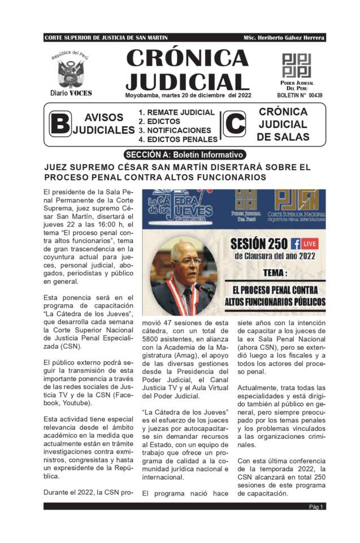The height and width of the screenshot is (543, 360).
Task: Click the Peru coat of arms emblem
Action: (71, 72)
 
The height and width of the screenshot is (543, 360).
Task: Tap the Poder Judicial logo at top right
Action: (296, 66)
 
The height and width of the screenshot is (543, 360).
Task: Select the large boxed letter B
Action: (59, 124)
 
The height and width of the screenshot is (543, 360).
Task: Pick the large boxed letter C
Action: (235, 124)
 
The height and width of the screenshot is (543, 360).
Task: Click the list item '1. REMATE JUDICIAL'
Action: (176, 113)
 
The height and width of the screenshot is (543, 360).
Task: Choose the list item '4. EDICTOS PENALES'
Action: (178, 139)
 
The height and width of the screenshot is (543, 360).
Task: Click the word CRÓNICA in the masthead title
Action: (187, 58)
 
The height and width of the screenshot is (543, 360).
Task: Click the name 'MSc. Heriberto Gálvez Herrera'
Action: (284, 37)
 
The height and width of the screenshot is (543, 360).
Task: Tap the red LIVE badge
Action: (310, 244)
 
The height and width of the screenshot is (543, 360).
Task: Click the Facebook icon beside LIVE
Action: (295, 244)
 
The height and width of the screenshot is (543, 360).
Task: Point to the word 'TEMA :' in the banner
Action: (266, 273)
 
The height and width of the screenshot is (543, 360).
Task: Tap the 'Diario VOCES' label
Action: (71, 93)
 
